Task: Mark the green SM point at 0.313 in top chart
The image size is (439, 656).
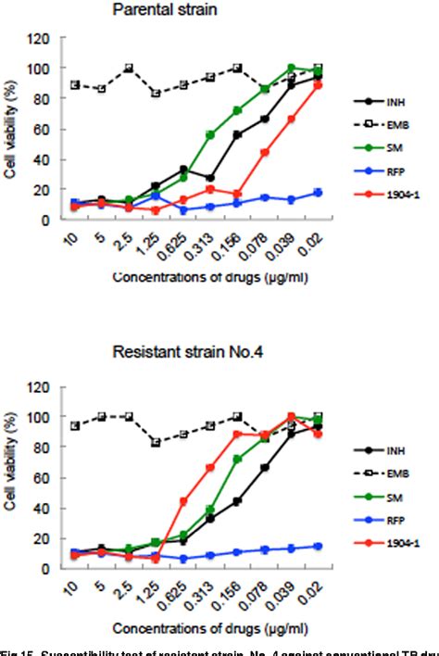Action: [210, 135]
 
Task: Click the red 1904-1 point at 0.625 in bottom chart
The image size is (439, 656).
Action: [183, 501]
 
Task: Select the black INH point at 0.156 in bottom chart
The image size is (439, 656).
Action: [238, 501]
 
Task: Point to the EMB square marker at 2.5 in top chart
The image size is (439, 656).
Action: [129, 68]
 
